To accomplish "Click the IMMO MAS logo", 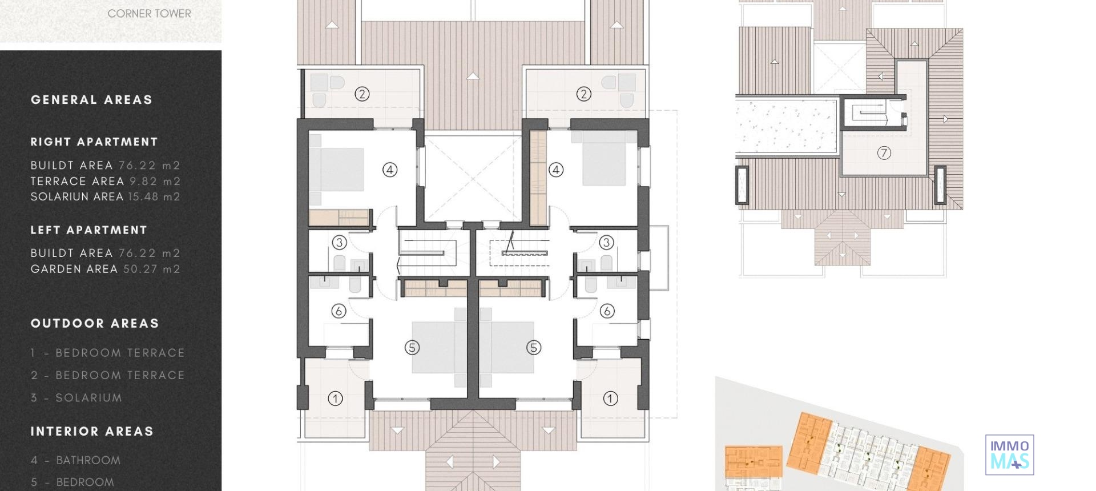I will (1009, 455).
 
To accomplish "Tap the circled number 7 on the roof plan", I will (884, 153).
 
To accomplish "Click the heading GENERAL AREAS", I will (92, 100).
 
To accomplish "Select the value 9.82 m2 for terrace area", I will (155, 181).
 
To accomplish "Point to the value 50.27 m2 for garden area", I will (152, 269).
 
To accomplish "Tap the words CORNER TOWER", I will (149, 14).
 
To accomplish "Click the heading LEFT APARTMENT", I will (89, 230).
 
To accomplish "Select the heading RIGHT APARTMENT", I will (94, 142).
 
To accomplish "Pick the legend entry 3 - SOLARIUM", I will (76, 398).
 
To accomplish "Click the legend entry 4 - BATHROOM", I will (76, 460).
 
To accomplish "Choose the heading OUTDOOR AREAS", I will (95, 324).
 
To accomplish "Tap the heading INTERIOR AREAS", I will (92, 432).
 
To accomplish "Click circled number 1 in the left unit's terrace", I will (336, 399).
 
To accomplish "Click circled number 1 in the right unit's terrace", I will (610, 399).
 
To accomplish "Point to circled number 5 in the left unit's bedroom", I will (412, 347).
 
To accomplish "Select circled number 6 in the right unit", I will (607, 311).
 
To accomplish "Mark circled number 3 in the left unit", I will (340, 243).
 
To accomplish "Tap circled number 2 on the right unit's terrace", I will (583, 94).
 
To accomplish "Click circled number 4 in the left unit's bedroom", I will (390, 170).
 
